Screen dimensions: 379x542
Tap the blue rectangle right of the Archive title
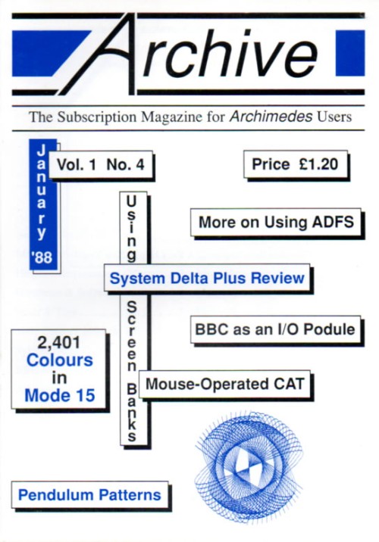point(350,53)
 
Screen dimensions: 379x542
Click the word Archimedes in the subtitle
point(271,117)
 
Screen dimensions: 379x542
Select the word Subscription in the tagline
point(97,117)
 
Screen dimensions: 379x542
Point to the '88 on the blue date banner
point(42,257)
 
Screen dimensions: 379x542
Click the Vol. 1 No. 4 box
point(100,164)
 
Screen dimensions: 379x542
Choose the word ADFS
point(332,222)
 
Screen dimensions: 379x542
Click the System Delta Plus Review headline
point(207,278)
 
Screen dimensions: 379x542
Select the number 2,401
point(58,343)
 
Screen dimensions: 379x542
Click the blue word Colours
point(60,360)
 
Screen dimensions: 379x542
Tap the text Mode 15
point(60,395)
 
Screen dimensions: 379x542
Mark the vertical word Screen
point(132,336)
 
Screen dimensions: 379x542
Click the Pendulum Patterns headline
point(89,495)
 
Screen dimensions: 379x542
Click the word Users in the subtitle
point(334,117)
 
